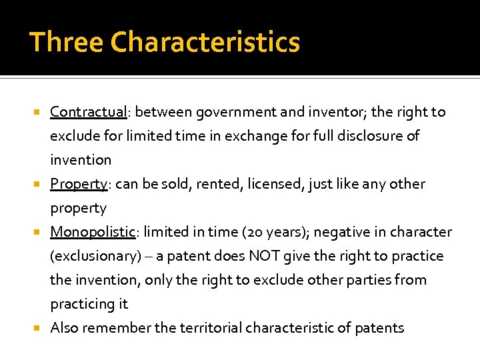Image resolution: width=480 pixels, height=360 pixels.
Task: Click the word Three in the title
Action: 65,42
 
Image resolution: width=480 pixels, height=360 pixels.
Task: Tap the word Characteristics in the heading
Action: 205,42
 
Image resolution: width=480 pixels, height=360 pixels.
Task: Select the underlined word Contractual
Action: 88,112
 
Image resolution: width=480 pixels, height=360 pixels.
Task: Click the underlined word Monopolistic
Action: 93,232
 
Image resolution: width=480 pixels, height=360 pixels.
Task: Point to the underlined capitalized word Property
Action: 79,184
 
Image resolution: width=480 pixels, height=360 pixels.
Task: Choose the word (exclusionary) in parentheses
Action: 93,256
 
